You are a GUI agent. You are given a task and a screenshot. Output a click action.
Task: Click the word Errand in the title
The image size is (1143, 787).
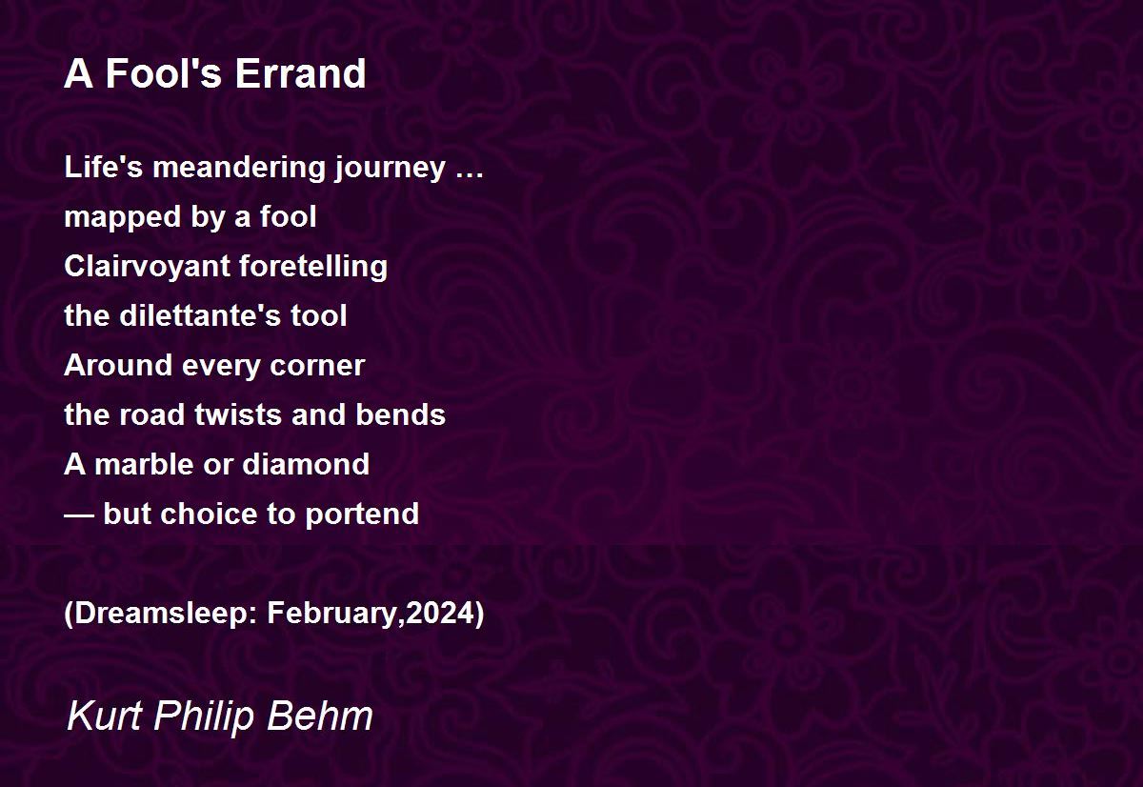pyautogui.click(x=300, y=73)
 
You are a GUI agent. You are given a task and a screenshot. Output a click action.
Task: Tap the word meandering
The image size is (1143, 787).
pyautogui.click(x=239, y=169)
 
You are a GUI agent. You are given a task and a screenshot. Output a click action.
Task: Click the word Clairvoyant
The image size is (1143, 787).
pyautogui.click(x=147, y=268)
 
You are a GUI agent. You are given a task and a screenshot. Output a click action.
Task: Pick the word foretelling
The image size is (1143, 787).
pyautogui.click(x=312, y=268)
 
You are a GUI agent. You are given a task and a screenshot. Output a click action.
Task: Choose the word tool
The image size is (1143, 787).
pyautogui.click(x=319, y=316)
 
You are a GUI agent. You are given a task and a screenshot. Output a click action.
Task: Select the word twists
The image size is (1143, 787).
pyautogui.click(x=238, y=414)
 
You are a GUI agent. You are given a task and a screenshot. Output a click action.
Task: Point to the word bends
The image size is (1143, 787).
pyautogui.click(x=401, y=414)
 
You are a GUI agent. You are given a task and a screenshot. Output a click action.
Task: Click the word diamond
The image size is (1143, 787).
pyautogui.click(x=306, y=464)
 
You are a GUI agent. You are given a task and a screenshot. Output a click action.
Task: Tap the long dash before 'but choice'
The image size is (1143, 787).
pyautogui.click(x=79, y=516)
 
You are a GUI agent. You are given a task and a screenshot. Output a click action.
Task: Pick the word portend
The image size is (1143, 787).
pyautogui.click(x=362, y=515)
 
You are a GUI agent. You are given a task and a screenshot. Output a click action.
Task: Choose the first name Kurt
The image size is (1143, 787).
pyautogui.click(x=104, y=716)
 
